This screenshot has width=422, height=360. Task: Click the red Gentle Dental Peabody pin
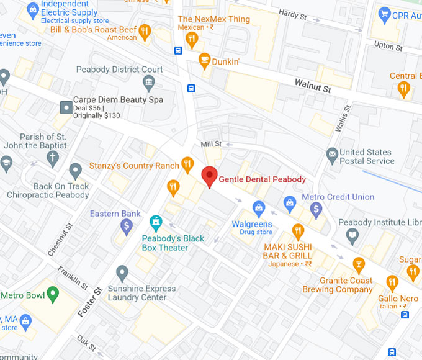point(210,176)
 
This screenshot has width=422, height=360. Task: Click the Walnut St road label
point(312,85)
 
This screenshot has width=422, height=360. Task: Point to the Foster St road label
point(90,302)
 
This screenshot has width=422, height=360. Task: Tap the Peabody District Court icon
point(148,83)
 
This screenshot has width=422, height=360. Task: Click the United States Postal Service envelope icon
point(332,153)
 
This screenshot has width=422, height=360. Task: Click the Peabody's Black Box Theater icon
point(156,220)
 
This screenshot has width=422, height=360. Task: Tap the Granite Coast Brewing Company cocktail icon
point(358,264)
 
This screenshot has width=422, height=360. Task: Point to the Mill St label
point(211,144)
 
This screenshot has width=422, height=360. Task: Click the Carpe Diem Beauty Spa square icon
point(66,107)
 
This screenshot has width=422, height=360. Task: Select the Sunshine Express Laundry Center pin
point(122,272)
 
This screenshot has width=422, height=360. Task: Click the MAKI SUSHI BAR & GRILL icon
point(298,232)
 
